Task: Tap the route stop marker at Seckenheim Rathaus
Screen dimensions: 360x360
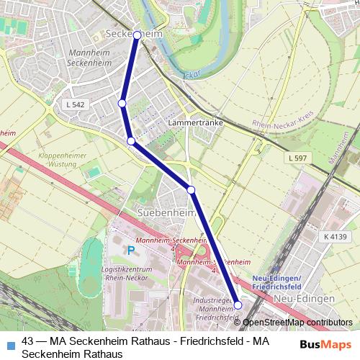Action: coord(137,35)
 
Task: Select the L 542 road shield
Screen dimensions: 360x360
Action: coord(75,105)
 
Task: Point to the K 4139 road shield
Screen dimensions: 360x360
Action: coord(336,236)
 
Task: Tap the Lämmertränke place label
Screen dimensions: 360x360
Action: coord(194,123)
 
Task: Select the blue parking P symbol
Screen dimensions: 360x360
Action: coord(131,251)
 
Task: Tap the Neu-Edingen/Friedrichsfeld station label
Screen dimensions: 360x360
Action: coord(282,280)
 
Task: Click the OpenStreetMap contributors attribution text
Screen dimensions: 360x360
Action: coord(302,322)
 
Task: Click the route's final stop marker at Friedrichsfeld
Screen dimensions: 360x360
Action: coord(238,305)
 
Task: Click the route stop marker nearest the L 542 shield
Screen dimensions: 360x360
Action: coord(122,104)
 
